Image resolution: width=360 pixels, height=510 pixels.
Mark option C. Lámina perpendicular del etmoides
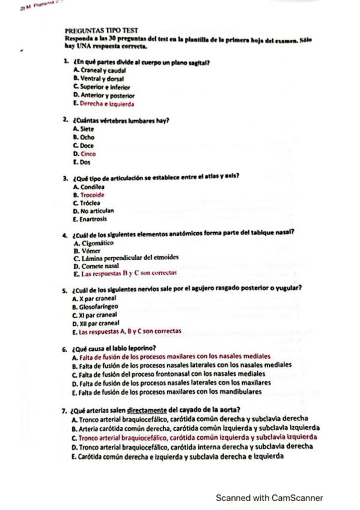[x=126, y=258]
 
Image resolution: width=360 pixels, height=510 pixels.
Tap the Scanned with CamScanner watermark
[x=270, y=498]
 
